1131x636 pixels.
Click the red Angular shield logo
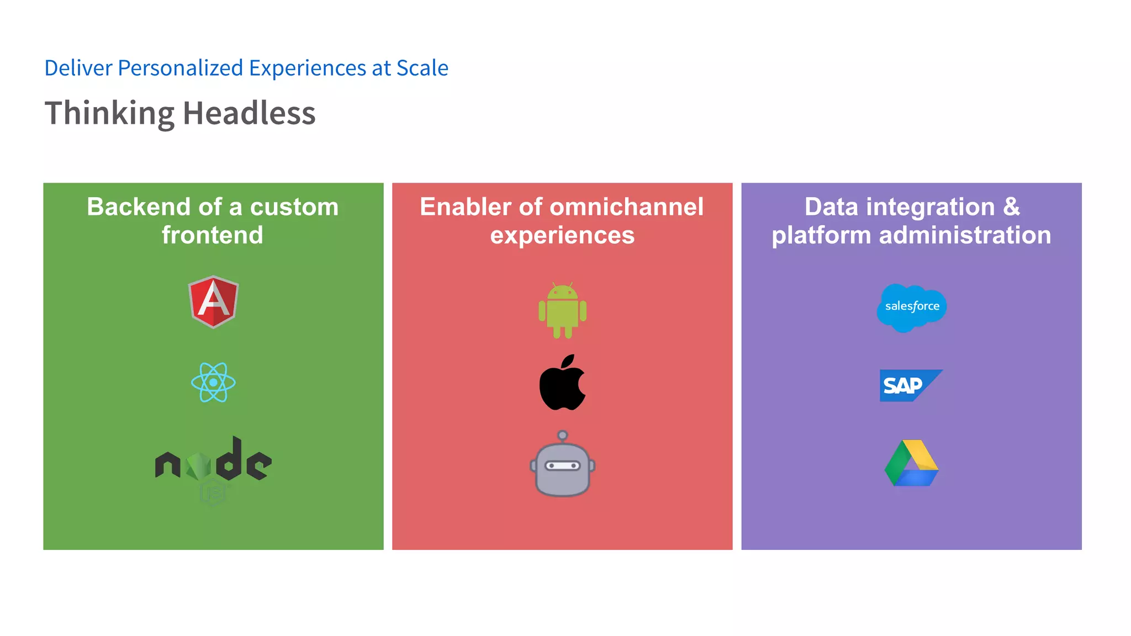213,301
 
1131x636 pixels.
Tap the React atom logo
213,382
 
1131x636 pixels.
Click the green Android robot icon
562,311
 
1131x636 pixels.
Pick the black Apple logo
562,383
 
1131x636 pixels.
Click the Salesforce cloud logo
911,307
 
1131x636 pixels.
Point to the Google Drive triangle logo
912,464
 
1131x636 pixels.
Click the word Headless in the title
249,113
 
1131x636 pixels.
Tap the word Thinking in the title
109,113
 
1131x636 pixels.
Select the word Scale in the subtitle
422,68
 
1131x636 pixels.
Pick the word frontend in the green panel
213,235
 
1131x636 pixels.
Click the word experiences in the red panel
562,236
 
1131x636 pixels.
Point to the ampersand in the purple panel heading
1011,207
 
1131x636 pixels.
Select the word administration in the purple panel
965,235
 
